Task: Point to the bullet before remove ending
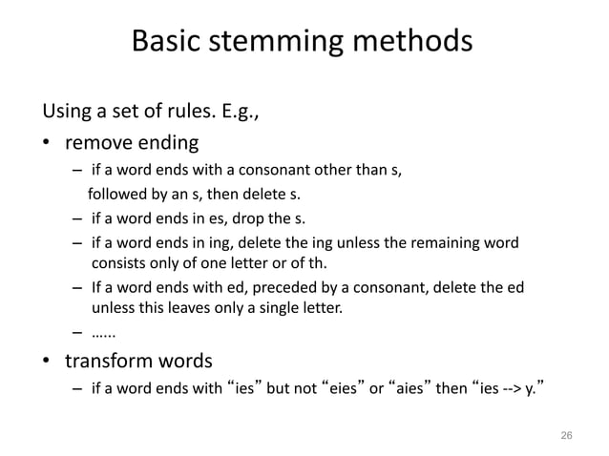(47, 145)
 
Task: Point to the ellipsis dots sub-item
(103, 333)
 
